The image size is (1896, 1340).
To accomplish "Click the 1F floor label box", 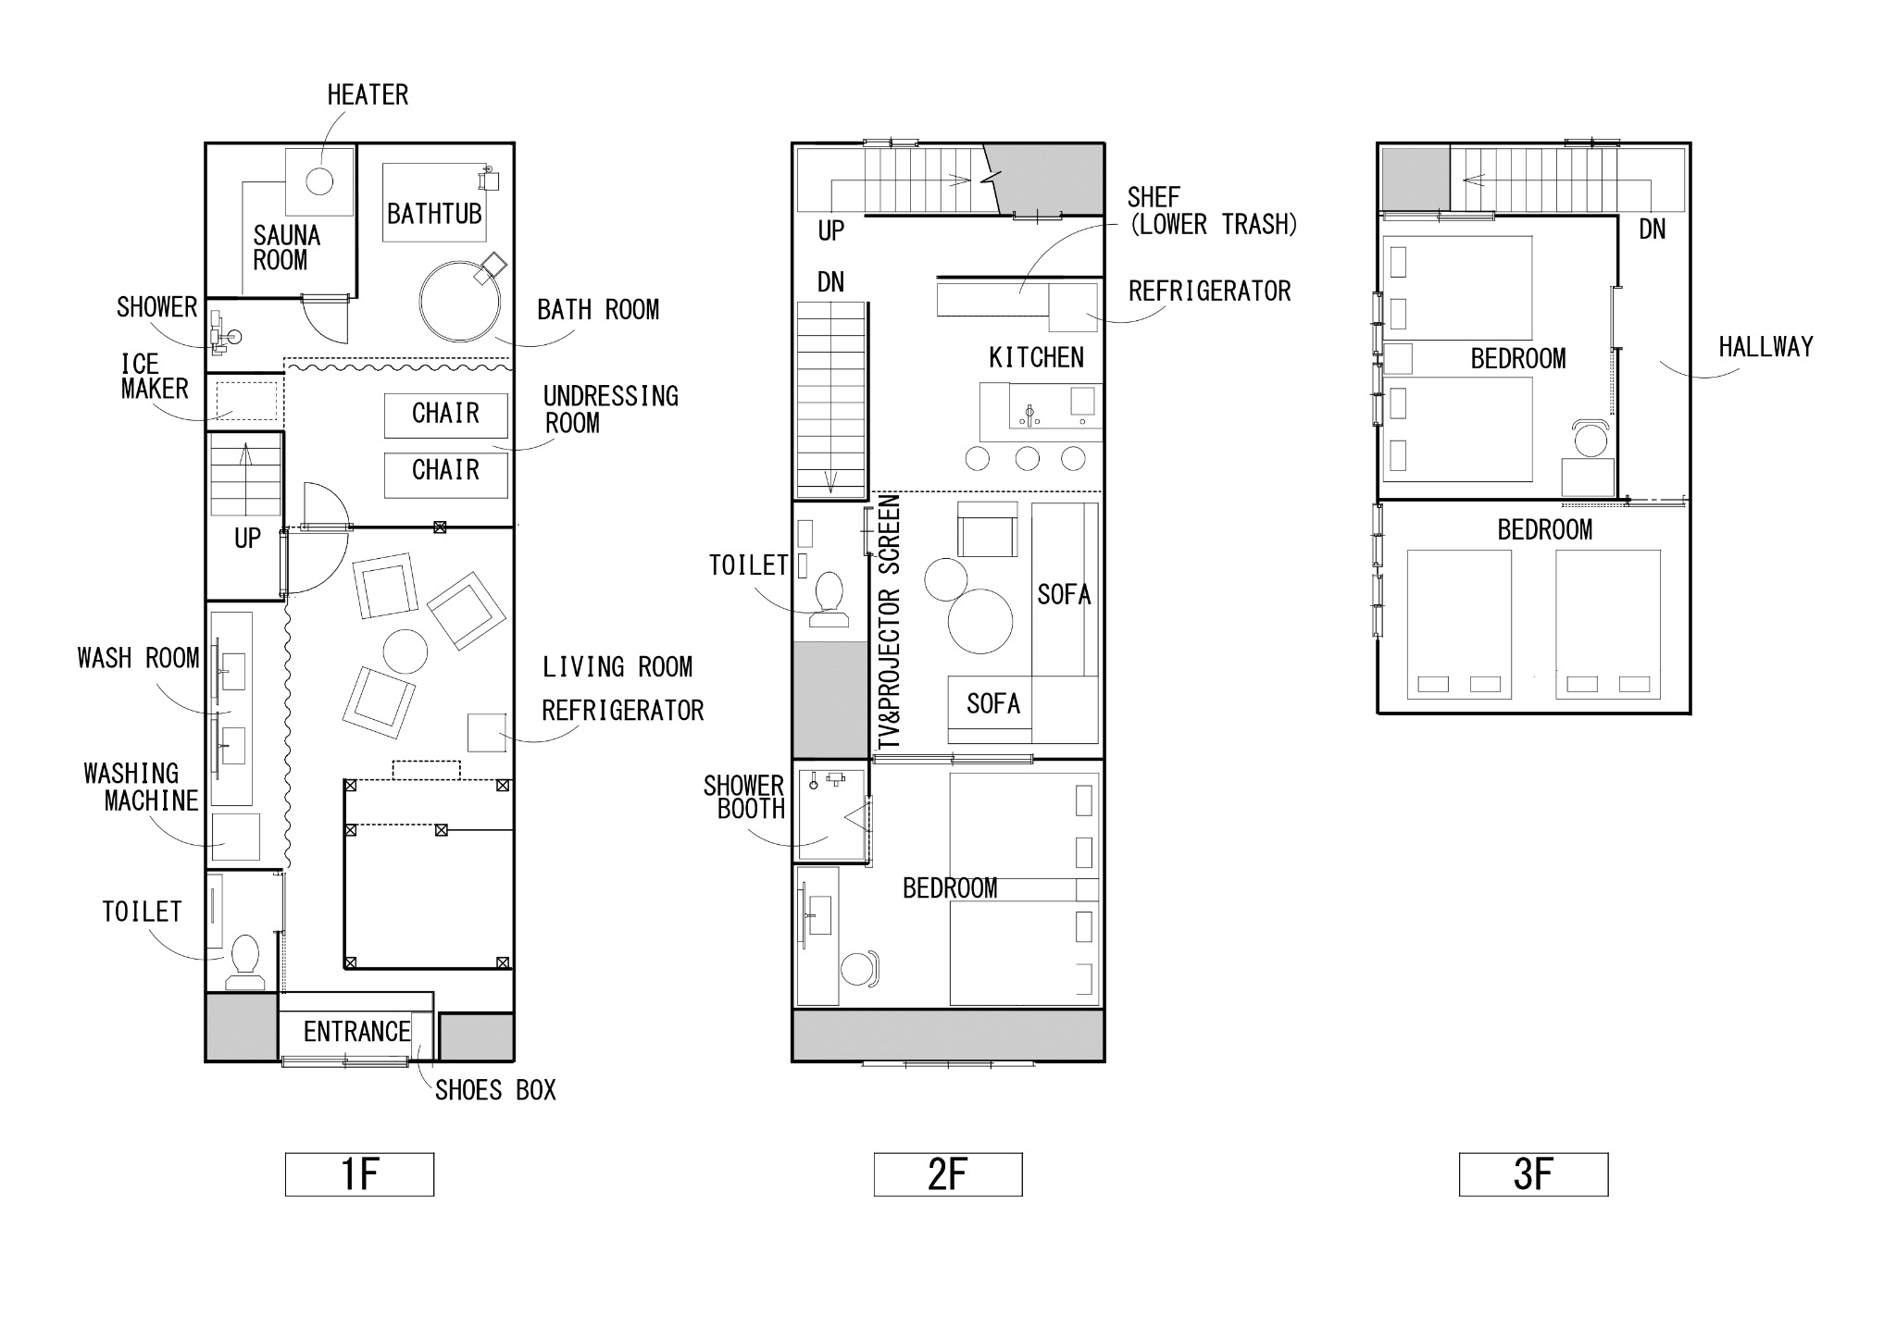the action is pos(359,1174).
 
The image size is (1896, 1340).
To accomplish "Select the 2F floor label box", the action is pos(948,1174).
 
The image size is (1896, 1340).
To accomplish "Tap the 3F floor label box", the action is pos(1533,1174).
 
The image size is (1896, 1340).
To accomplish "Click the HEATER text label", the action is pos(368,95).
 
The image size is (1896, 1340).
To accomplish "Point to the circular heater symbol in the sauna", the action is pos(319,180).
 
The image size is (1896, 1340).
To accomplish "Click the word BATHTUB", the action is pos(434,215).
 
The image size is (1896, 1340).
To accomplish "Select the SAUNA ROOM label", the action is pos(286,248).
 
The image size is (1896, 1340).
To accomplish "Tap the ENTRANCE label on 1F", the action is pos(356,1032).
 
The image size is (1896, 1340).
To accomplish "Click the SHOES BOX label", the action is pos(495,1091).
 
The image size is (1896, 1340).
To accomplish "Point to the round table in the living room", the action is pos(405,651).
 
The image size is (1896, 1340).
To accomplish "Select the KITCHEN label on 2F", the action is pos(1036,358).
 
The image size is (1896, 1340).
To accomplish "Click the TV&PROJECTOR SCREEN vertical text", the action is pos(890,622).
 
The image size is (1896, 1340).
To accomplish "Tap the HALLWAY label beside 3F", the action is pos(1765,347).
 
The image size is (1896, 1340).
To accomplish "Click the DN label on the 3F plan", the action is pos(1653,230).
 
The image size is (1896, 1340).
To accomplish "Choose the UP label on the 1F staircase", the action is pos(247,539).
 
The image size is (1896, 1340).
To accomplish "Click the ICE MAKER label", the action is pos(155,377).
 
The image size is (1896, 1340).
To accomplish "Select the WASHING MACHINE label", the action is pos(141,788).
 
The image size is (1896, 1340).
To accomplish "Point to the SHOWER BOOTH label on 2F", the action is pos(744,798).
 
